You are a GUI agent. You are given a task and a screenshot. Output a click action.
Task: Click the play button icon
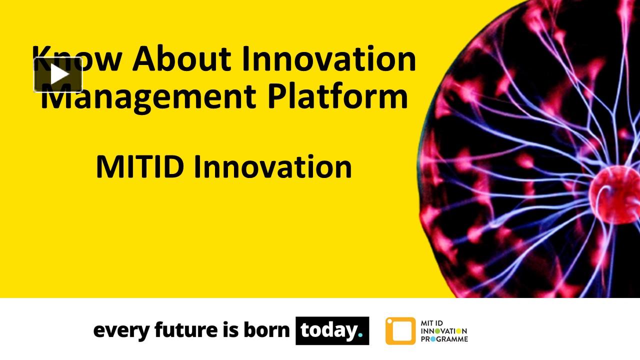(58, 75)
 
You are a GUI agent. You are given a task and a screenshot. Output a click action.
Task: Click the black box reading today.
(332, 330)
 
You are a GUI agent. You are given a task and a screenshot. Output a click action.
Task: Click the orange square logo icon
(400, 331)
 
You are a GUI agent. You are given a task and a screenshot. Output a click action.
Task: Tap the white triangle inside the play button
(59, 75)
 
